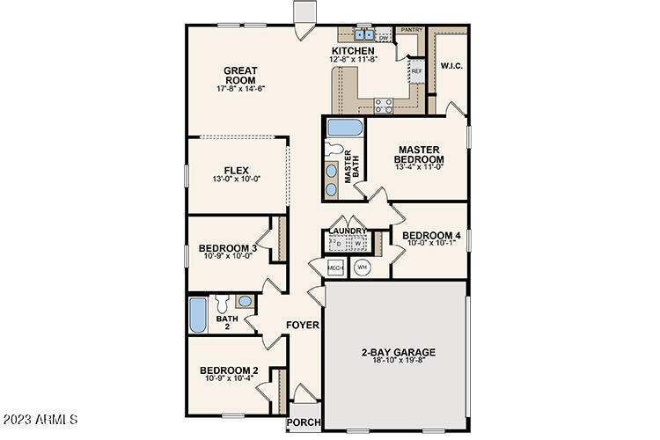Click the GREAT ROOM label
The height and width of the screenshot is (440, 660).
click(240, 75)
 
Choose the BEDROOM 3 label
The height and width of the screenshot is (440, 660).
click(227, 248)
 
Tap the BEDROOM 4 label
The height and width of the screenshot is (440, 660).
click(431, 235)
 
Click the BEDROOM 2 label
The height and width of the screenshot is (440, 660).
click(227, 370)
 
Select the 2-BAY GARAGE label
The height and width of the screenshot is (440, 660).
click(399, 352)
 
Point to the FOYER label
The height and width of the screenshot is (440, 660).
click(302, 325)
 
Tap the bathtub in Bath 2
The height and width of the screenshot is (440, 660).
click(198, 313)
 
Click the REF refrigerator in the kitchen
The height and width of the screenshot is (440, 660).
click(416, 70)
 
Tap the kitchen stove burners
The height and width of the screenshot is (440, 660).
click(385, 106)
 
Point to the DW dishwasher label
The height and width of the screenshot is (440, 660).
click(384, 38)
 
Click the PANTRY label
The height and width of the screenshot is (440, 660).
click(412, 30)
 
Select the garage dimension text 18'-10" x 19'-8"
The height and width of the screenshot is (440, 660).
click(399, 361)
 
